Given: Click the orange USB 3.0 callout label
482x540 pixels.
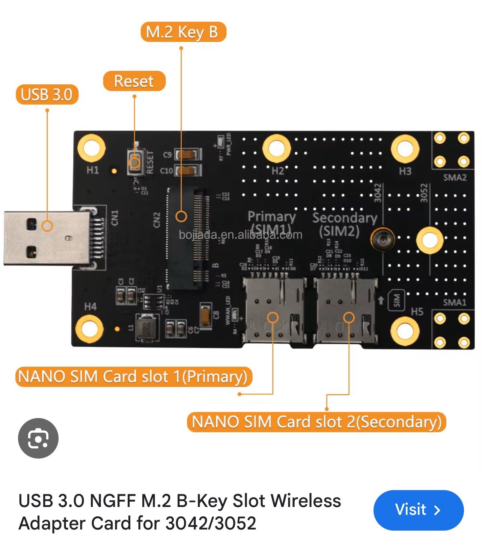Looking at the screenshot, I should point(47,94).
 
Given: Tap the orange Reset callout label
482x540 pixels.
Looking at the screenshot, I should point(134,81).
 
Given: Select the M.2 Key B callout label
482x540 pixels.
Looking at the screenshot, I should point(183,32).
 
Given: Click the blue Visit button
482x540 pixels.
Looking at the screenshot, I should point(418,510).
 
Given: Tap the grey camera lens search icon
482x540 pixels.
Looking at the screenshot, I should point(38,438).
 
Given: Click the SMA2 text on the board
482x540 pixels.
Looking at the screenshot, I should point(455,177).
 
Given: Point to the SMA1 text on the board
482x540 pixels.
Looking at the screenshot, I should point(454,302).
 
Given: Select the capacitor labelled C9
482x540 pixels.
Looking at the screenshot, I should point(187,154).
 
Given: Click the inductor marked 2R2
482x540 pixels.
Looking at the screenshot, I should point(147,327).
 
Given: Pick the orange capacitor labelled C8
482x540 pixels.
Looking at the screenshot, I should point(205,316).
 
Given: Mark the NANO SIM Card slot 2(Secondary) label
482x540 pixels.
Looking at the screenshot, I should point(316,422).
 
